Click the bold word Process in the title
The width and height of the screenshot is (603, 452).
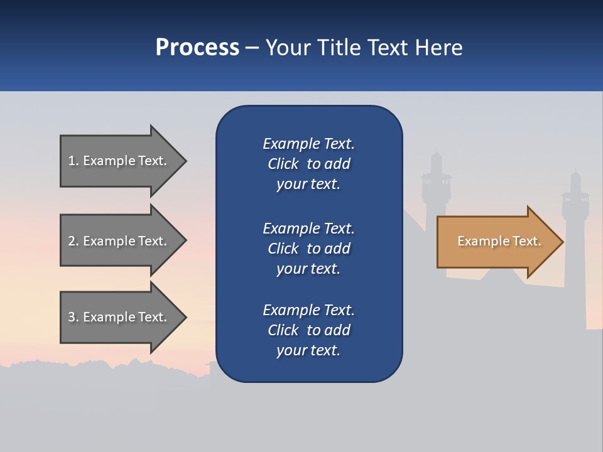197,48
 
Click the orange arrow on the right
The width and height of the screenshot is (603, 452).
496,241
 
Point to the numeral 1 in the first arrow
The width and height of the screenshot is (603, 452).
72,161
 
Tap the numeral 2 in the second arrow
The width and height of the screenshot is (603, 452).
72,241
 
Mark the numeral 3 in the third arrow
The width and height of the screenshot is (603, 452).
72,317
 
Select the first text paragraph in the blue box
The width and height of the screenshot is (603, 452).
308,164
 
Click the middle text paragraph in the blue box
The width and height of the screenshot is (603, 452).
308,249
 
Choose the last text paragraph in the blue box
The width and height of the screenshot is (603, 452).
308,330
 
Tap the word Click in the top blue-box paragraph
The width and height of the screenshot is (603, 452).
283,164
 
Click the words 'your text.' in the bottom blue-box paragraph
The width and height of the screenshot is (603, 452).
308,350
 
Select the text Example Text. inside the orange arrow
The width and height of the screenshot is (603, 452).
499,241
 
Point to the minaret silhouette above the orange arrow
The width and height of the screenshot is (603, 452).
436,182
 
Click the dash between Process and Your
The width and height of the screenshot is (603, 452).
252,48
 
